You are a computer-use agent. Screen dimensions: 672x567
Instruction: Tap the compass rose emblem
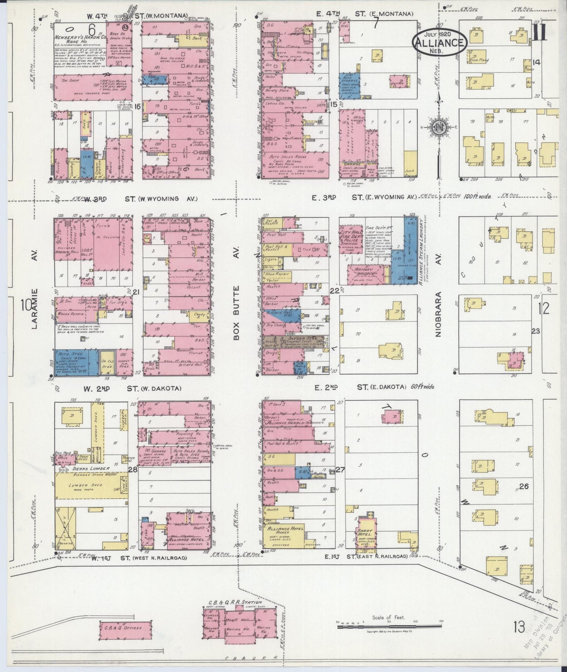pos(439,127)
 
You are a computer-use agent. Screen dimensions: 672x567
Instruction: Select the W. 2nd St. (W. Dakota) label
pos(132,389)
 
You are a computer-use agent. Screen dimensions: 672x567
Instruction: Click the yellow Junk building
pos(410,163)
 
